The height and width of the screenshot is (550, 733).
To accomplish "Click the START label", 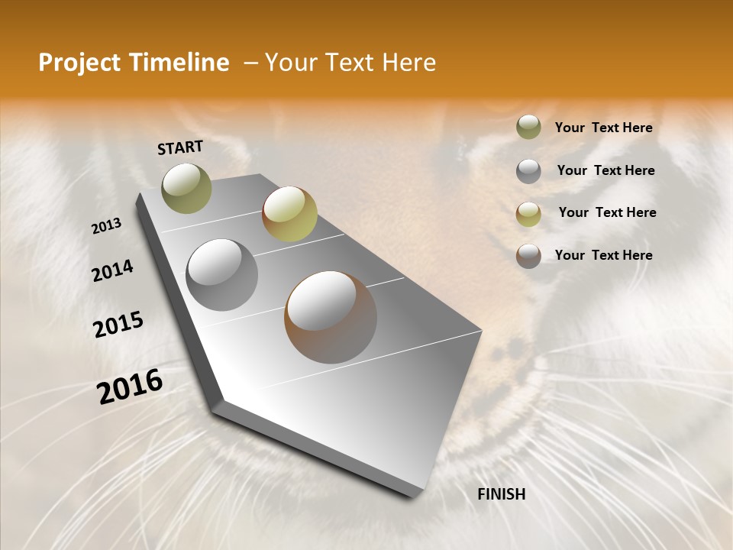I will click(180, 147).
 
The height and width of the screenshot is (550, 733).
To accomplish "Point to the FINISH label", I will click(502, 494).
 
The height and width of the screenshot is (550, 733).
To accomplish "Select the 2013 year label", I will click(106, 225).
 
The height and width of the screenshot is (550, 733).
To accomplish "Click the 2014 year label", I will click(112, 270).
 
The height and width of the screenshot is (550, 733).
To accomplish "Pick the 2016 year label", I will click(130, 386).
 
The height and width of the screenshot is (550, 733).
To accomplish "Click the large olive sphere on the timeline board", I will click(187, 188).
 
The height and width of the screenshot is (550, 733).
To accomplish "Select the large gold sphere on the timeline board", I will click(289, 213).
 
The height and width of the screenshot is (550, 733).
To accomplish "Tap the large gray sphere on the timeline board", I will click(222, 275).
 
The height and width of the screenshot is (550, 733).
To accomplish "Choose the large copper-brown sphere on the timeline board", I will click(331, 317).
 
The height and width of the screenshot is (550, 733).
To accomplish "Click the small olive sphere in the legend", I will click(528, 128).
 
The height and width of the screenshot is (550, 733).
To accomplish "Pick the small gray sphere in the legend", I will click(528, 171).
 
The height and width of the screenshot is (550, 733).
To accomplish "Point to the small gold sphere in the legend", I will click(528, 214).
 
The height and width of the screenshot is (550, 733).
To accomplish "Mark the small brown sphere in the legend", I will click(528, 256).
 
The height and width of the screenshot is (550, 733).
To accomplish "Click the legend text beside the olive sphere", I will click(603, 128).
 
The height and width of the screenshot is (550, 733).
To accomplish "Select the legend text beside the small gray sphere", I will click(605, 170).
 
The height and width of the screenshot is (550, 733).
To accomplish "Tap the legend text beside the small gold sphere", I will click(607, 212).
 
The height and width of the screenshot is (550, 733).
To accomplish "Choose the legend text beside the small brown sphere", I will click(603, 255).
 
